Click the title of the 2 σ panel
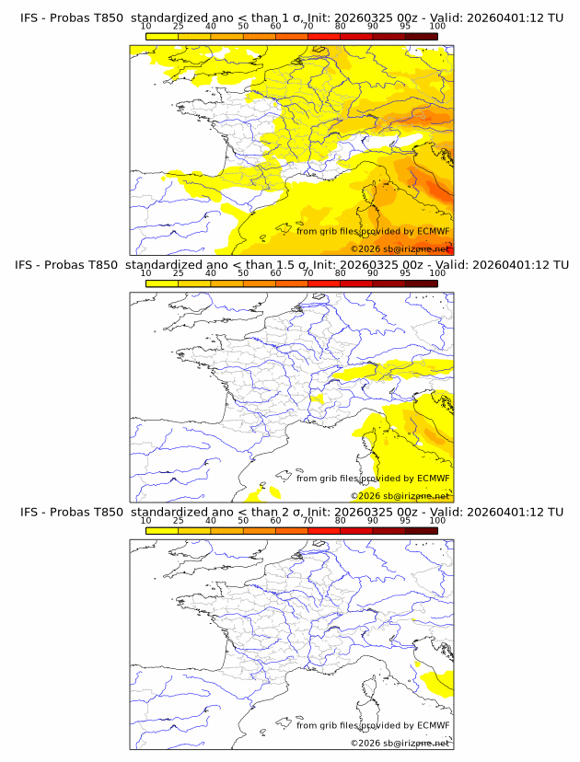coord(291,512)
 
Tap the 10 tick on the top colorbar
coord(146,26)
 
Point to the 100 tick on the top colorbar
coord(437,26)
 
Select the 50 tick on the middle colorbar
coord(243,272)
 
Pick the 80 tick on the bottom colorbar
coord(341,520)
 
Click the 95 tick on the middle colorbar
coord(405,272)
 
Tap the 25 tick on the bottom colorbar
coord(179,520)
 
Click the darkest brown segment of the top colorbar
coord(421,36)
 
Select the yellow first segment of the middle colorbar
coord(162,283)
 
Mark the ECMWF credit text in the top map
coord(373,232)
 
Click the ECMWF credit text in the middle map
coord(373,479)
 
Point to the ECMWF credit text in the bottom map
coord(373,725)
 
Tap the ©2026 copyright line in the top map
coord(400,249)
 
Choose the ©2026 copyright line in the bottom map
coord(400,743)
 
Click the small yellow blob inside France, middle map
coord(318,398)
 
